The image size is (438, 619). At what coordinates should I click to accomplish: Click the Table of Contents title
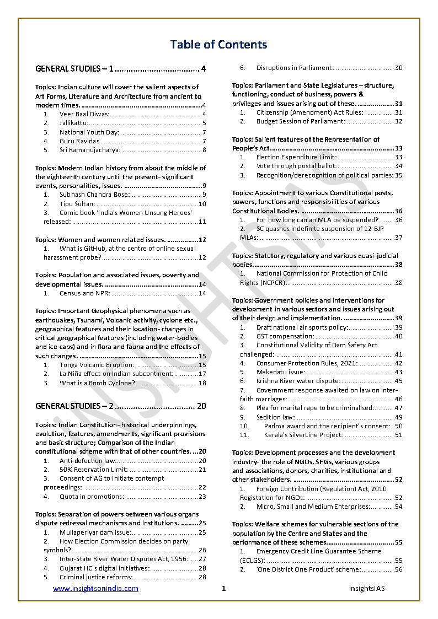(x=218, y=45)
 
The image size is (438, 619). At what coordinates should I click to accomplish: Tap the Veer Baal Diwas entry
(x=84, y=114)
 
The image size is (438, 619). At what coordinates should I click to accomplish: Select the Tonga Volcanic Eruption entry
(x=97, y=365)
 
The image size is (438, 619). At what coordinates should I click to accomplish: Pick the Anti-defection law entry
(x=88, y=461)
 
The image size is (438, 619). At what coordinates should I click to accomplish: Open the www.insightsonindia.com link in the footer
(x=95, y=589)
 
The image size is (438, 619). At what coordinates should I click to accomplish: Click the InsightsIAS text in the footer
(x=366, y=589)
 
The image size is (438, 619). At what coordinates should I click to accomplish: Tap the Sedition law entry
(x=275, y=417)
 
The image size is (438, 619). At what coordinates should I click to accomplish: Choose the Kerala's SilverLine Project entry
(x=299, y=435)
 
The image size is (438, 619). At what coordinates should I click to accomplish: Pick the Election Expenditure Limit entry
(x=296, y=157)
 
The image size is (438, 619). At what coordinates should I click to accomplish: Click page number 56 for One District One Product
(x=398, y=569)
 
